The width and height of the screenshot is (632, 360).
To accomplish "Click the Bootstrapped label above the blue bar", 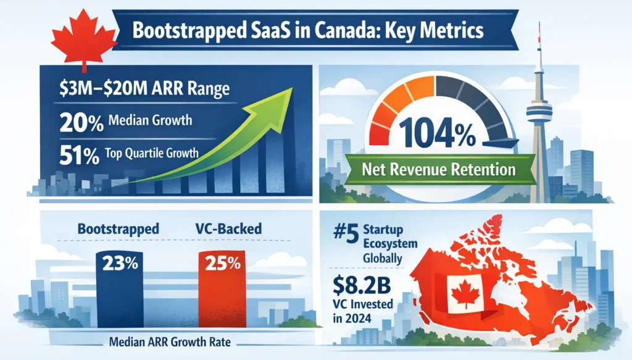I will pos(118,228).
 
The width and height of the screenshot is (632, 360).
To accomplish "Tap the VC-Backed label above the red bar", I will pos(223,228).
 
